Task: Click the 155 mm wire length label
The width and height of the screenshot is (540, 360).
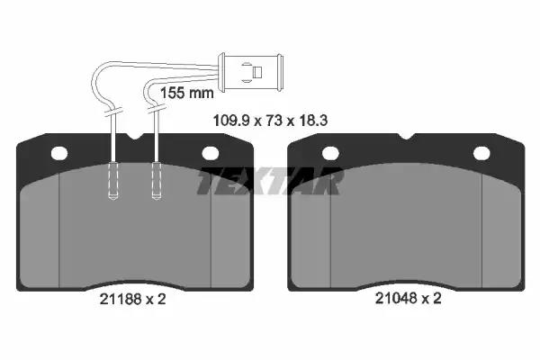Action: tap(187, 93)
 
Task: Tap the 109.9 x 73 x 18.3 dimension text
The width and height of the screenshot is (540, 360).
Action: tap(270, 121)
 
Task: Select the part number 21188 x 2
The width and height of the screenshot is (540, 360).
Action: tap(132, 299)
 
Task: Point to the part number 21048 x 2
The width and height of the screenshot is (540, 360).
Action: tap(408, 298)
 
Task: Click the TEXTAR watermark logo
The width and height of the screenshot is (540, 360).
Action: tap(270, 181)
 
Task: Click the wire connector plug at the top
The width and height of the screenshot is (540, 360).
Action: tap(251, 72)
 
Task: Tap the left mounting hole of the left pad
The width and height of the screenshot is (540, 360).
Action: tap(59, 153)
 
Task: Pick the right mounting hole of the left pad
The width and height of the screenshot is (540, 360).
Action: tap(210, 153)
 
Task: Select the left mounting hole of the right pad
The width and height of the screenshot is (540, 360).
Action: tap(330, 153)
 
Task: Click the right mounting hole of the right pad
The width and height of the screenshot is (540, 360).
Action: tap(481, 153)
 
